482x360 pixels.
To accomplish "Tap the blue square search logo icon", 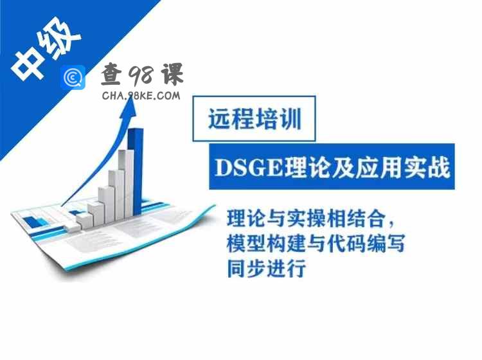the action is pyautogui.click(x=73, y=78).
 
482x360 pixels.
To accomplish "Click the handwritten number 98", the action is pyautogui.click(x=140, y=75).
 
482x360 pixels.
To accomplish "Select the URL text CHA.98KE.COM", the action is pyautogui.click(x=141, y=96).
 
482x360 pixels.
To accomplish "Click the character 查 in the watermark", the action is pyautogui.click(x=112, y=74).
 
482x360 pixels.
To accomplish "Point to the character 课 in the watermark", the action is pyautogui.click(x=172, y=74).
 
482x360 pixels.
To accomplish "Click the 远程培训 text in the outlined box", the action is pyautogui.click(x=254, y=119).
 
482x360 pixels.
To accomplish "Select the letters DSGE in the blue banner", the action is pyautogui.click(x=248, y=168).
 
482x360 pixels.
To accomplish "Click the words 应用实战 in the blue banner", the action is pyautogui.click(x=403, y=168).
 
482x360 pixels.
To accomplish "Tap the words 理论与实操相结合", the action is pyautogui.click(x=306, y=219).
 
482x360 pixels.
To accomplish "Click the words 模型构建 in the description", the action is pyautogui.click(x=266, y=243).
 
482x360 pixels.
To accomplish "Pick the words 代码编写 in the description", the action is pyautogui.click(x=366, y=243).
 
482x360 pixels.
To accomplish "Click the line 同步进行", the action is pyautogui.click(x=266, y=268).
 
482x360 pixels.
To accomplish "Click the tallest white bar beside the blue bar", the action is pyautogui.click(x=127, y=183).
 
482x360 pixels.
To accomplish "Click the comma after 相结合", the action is pyautogui.click(x=391, y=224).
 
